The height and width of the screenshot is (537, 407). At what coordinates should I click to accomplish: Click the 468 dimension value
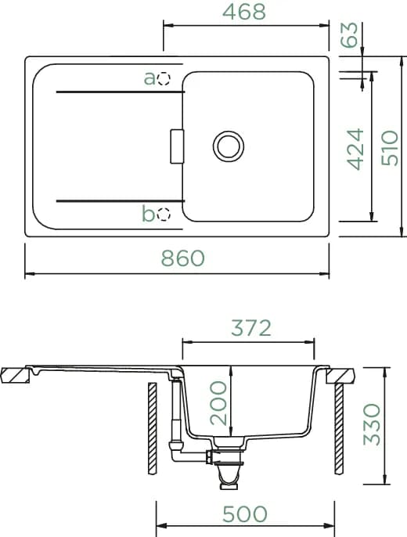pos(243,12)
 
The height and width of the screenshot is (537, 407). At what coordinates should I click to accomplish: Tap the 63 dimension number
pos(349,35)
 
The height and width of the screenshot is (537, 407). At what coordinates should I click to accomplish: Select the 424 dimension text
pos(355,150)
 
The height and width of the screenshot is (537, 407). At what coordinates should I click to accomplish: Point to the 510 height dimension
pos(390,148)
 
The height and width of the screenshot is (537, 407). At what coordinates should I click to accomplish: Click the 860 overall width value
pos(183,258)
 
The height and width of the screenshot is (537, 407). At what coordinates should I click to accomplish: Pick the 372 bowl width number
pos(251,328)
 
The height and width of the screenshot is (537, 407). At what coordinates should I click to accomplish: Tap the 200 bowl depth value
pos(218,403)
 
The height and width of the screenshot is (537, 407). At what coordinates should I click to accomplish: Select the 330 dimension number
pos(372,424)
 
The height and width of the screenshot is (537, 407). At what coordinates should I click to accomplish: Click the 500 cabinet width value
pos(245,514)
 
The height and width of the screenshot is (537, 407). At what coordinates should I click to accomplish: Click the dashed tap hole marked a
pos(164,79)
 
